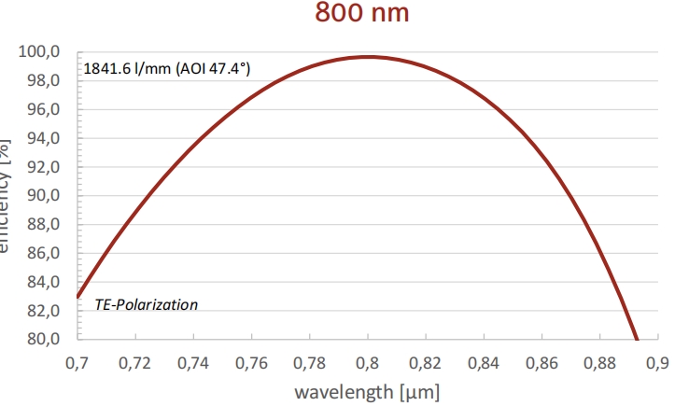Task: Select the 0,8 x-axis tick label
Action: point(369,360)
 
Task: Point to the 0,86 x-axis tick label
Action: point(544,360)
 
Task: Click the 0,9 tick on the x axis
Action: point(659,360)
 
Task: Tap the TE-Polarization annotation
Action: point(147,305)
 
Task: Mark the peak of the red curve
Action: point(370,57)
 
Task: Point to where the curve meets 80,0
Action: point(637,339)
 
